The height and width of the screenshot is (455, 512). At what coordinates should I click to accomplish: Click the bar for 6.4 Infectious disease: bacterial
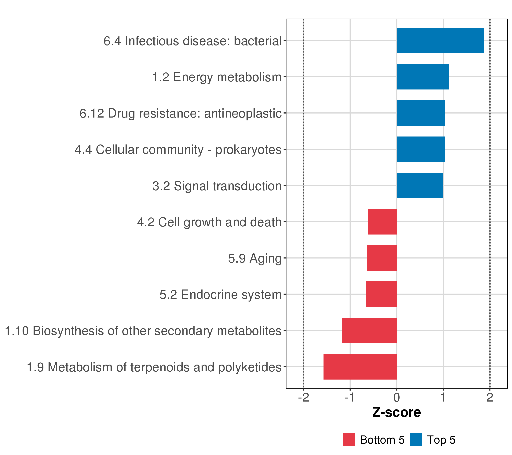point(440,41)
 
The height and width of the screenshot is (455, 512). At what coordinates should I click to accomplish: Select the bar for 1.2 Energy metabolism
point(422,77)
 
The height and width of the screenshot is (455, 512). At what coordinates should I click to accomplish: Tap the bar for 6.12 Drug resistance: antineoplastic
point(421,113)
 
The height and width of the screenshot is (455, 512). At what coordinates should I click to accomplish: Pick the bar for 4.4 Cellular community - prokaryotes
point(420,149)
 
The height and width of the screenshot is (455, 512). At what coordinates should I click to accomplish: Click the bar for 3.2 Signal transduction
point(419,186)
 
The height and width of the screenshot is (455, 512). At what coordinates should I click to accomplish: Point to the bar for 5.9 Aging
point(382,258)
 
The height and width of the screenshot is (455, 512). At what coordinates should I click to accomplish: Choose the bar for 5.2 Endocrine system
point(381,294)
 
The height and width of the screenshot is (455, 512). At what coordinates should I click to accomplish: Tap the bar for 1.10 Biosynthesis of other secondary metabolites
point(369,331)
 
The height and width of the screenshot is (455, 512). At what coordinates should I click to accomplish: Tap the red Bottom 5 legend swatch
point(349,440)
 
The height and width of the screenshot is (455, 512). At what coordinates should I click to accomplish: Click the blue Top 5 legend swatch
point(416,440)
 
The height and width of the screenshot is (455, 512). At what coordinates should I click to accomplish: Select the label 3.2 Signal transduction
point(217,186)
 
